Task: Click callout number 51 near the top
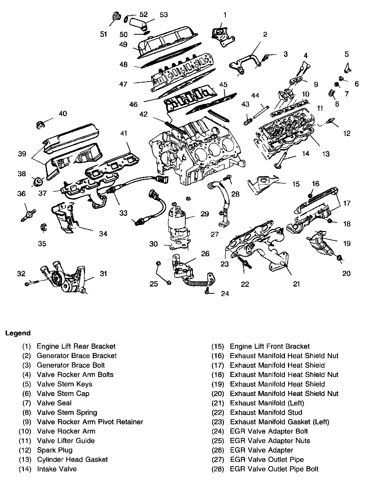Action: tap(104, 34)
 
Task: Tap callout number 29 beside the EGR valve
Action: tap(205, 214)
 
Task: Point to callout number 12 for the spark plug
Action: tap(347, 133)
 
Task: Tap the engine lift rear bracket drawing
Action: tap(221, 37)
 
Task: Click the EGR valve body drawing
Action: tap(178, 221)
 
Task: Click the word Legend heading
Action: tap(18, 333)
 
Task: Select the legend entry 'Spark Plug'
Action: tap(55, 450)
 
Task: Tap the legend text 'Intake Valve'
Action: tap(57, 469)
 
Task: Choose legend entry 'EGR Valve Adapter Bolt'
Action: tap(269, 431)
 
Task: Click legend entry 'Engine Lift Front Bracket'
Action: tap(270, 346)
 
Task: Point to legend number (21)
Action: tap(218, 403)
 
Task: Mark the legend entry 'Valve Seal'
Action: tap(54, 403)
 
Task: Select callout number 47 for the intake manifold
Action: tap(123, 84)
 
